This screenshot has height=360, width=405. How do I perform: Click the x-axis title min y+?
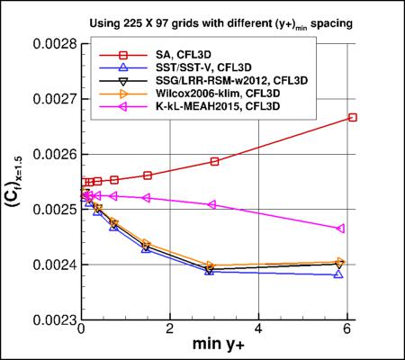216,346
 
